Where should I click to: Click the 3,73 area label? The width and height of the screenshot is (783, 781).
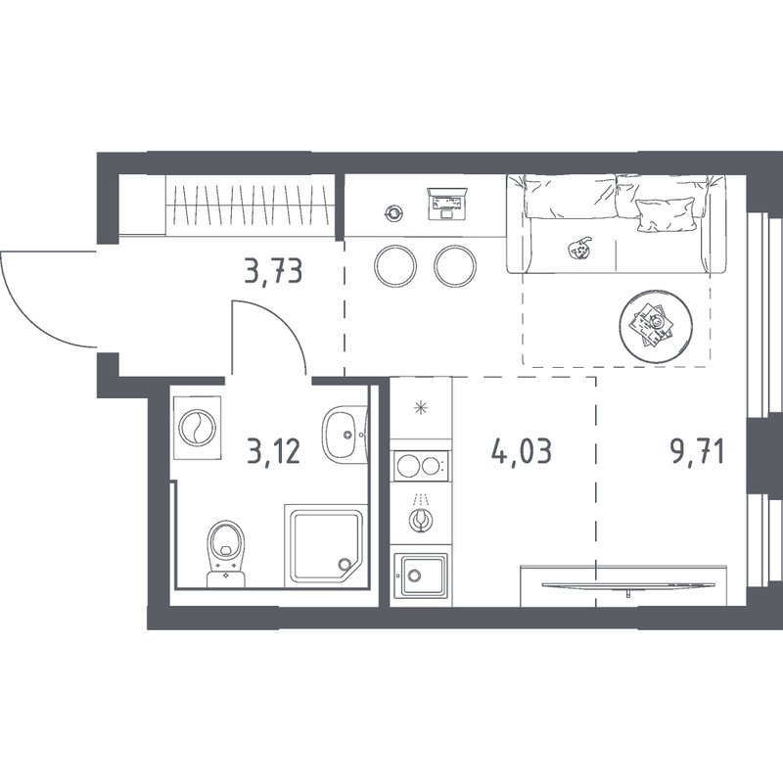[274, 272]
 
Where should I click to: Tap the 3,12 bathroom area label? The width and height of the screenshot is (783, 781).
[274, 451]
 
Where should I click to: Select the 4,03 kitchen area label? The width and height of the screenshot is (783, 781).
[522, 451]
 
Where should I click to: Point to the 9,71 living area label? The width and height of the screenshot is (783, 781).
[698, 452]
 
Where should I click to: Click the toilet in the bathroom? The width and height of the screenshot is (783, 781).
[227, 553]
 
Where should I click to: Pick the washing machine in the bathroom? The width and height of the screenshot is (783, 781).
[198, 428]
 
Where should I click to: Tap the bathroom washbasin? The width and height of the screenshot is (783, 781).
[345, 434]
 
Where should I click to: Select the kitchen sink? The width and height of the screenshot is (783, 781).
[421, 574]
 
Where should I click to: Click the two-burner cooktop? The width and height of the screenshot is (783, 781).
[421, 467]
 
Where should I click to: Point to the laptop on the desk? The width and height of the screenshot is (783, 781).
[447, 204]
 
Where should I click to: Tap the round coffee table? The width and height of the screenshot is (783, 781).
[655, 326]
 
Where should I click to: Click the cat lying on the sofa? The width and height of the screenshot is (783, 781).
[579, 248]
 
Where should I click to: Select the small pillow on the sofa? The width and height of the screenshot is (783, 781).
[666, 214]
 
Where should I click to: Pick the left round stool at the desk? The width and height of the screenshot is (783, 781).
[395, 265]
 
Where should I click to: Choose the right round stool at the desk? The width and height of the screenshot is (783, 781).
[455, 265]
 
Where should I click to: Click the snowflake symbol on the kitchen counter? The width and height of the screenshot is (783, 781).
[421, 408]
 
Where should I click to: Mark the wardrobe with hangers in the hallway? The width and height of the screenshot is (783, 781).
[251, 205]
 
